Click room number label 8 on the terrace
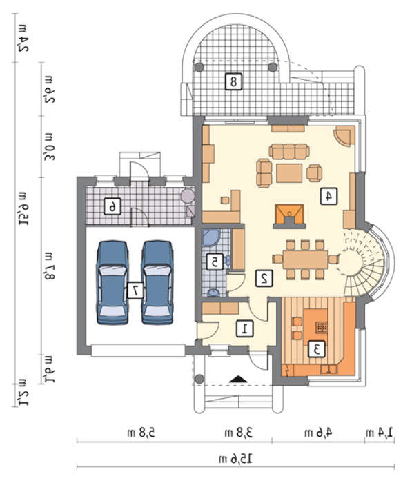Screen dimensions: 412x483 tap(233, 81)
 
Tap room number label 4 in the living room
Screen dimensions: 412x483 tap(328, 196)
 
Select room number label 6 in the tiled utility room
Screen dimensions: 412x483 tap(112, 206)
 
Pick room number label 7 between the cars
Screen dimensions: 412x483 tap(135, 290)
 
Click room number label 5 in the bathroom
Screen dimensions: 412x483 tap(215, 262)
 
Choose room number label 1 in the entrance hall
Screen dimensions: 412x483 tap(245, 328)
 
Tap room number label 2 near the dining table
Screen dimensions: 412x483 tap(264, 279)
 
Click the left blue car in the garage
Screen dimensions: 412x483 tap(112, 282)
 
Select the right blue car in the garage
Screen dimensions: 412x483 tap(157, 282)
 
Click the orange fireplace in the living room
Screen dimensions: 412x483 tap(289, 216)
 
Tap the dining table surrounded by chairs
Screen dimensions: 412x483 tap(306, 259)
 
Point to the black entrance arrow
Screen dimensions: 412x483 tap(238, 379)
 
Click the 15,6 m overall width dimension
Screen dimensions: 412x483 tap(235, 459)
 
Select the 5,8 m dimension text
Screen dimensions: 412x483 tap(141, 433)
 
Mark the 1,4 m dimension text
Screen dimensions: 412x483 tap(380, 433)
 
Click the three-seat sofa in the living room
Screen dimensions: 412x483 tap(289, 151)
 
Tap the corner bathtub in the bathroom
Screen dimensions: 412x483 tap(211, 237)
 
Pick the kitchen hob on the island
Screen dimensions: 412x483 tap(321, 327)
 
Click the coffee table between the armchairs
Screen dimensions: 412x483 tap(289, 173)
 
